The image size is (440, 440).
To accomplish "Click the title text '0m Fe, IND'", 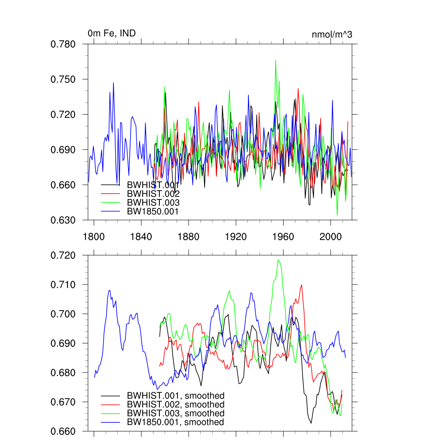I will [x=112, y=33].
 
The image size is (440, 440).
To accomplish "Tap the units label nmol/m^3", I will [x=332, y=34].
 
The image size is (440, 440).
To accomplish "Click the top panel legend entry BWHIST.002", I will [x=153, y=193].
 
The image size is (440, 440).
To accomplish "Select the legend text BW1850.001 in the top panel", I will [x=153, y=211].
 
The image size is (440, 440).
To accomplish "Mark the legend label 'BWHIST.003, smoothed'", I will [x=175, y=413].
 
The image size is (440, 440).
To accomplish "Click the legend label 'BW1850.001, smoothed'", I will [x=175, y=422].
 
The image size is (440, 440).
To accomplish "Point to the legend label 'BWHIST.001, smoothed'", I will [x=175, y=395].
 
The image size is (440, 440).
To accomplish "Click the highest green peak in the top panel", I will [x=275, y=60].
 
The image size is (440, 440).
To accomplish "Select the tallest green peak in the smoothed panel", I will [x=279, y=260].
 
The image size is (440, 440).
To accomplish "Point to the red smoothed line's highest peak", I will [x=302, y=284].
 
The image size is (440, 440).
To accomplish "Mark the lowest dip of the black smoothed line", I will [x=311, y=423].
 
